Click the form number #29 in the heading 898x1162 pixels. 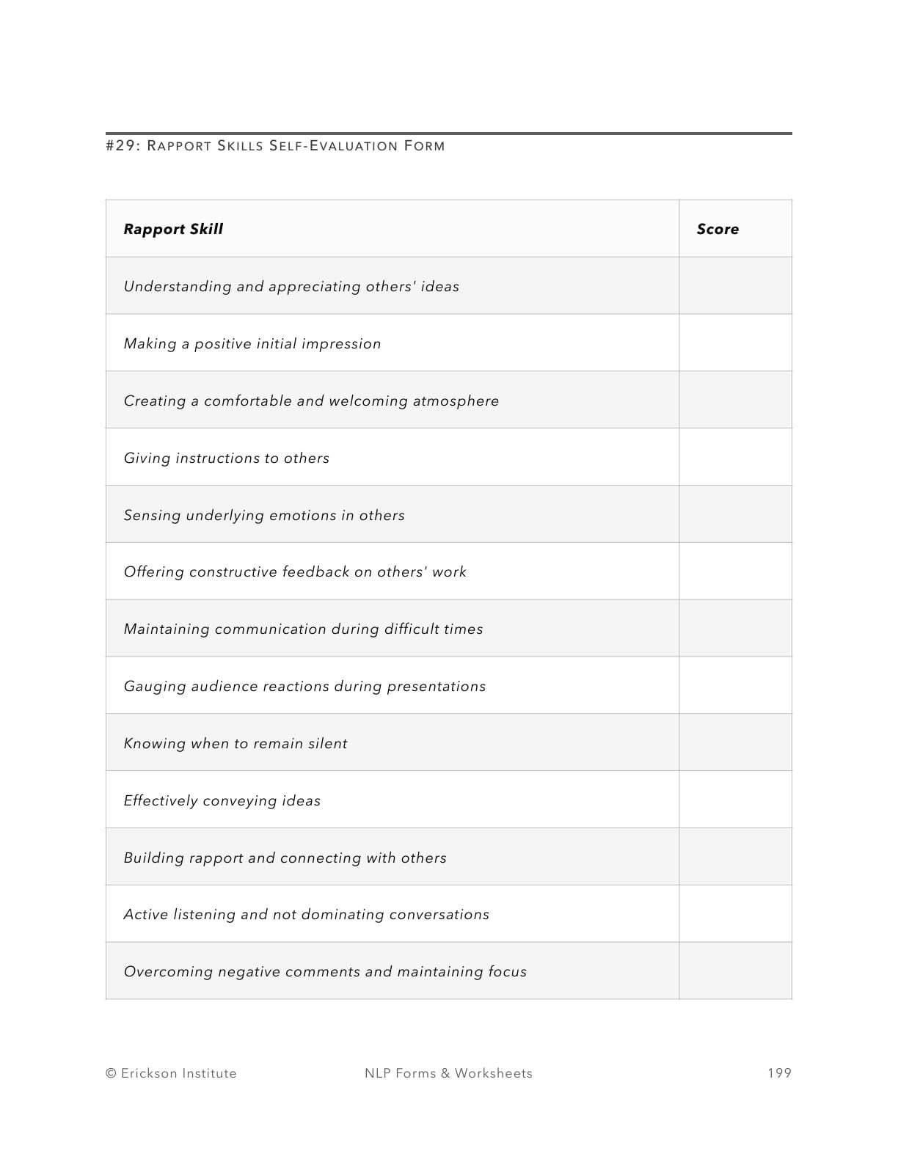pos(121,145)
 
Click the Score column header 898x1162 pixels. pos(718,229)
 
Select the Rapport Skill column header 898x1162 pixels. pos(173,229)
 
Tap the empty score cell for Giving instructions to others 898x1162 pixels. pos(735,457)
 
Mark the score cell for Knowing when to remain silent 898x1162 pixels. pos(735,742)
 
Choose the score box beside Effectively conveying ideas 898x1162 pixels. pos(735,800)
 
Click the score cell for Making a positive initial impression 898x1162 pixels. pos(735,343)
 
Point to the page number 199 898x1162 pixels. pos(779,1073)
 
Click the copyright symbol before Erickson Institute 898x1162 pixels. pos(112,1073)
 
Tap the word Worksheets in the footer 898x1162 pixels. pos(494,1073)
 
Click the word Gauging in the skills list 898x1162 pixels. pos(154,687)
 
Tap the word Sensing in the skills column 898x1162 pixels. pos(152,516)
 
